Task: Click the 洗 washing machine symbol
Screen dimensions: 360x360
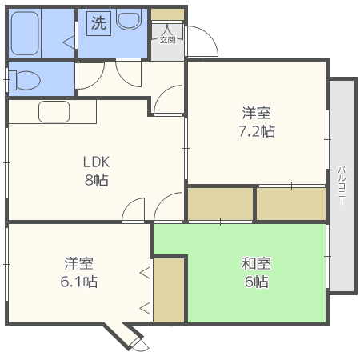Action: tap(98, 23)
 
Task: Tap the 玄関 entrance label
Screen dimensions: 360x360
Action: tap(167, 39)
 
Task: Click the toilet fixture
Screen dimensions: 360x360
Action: tap(26, 80)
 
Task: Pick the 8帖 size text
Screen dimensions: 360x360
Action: tap(97, 179)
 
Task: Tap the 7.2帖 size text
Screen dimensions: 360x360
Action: tap(258, 130)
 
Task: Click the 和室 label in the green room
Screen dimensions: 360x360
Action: tap(256, 263)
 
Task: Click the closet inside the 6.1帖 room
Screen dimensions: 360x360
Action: tap(169, 290)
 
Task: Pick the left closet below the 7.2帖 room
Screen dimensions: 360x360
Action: tap(221, 203)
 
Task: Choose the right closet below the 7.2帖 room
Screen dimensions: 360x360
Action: tap(291, 203)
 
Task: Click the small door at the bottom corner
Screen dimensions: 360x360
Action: tap(138, 343)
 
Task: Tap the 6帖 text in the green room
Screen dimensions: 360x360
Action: tap(256, 282)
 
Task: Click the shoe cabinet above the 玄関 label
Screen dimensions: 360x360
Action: tap(167, 14)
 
